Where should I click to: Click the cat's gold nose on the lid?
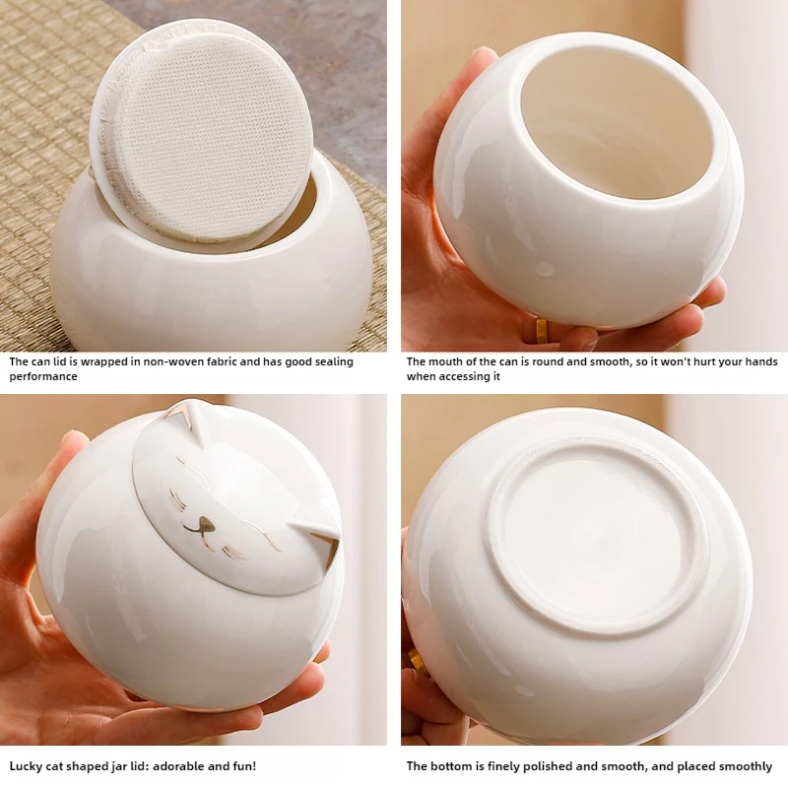tap(205, 524)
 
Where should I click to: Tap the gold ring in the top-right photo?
tap(541, 330)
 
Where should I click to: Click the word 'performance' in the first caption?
tap(43, 376)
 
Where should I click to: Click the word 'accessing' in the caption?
tap(464, 376)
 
